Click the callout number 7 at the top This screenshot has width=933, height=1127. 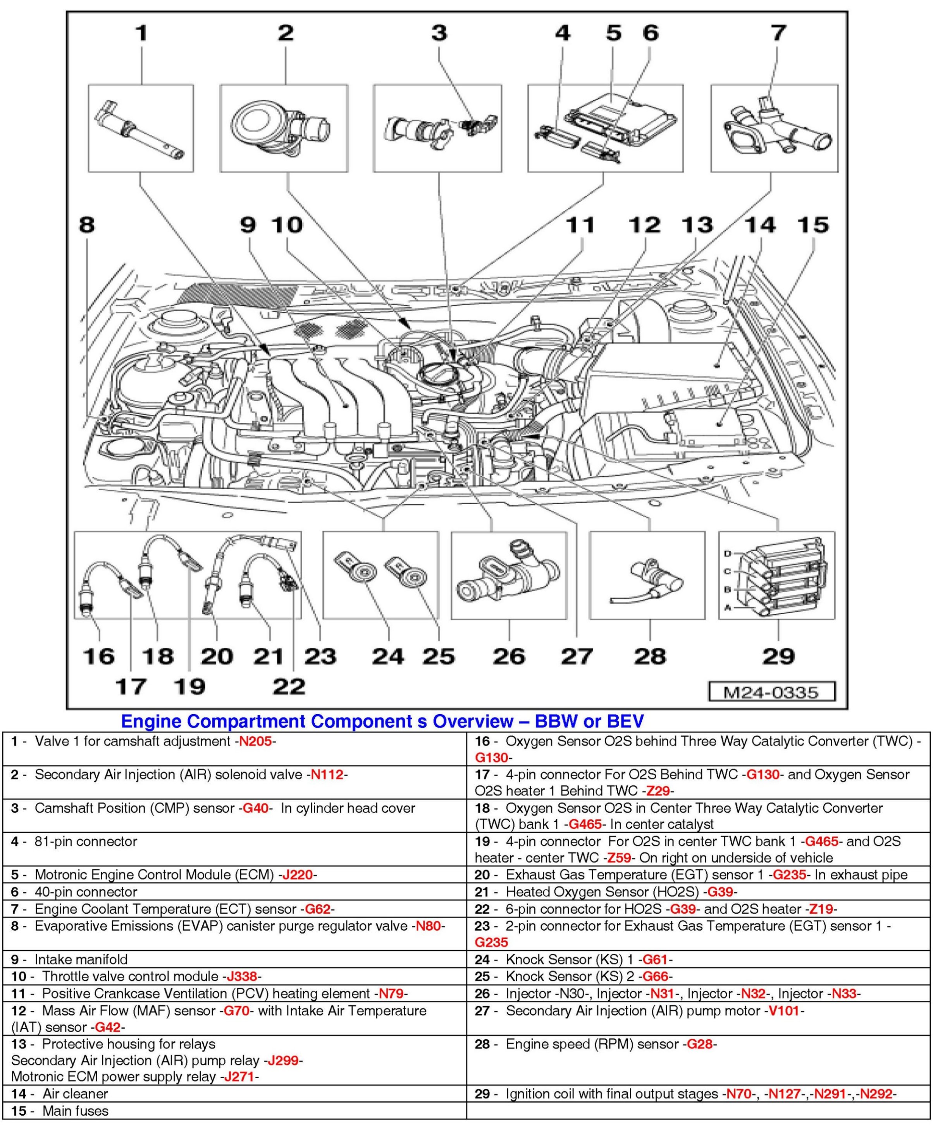(x=778, y=33)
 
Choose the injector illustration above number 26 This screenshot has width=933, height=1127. (x=507, y=577)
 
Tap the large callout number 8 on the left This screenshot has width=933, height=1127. (x=86, y=224)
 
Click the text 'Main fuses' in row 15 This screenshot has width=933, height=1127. (x=75, y=1111)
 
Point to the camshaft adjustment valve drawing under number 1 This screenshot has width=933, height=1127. (x=140, y=129)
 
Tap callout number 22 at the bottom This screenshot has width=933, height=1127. (x=289, y=686)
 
